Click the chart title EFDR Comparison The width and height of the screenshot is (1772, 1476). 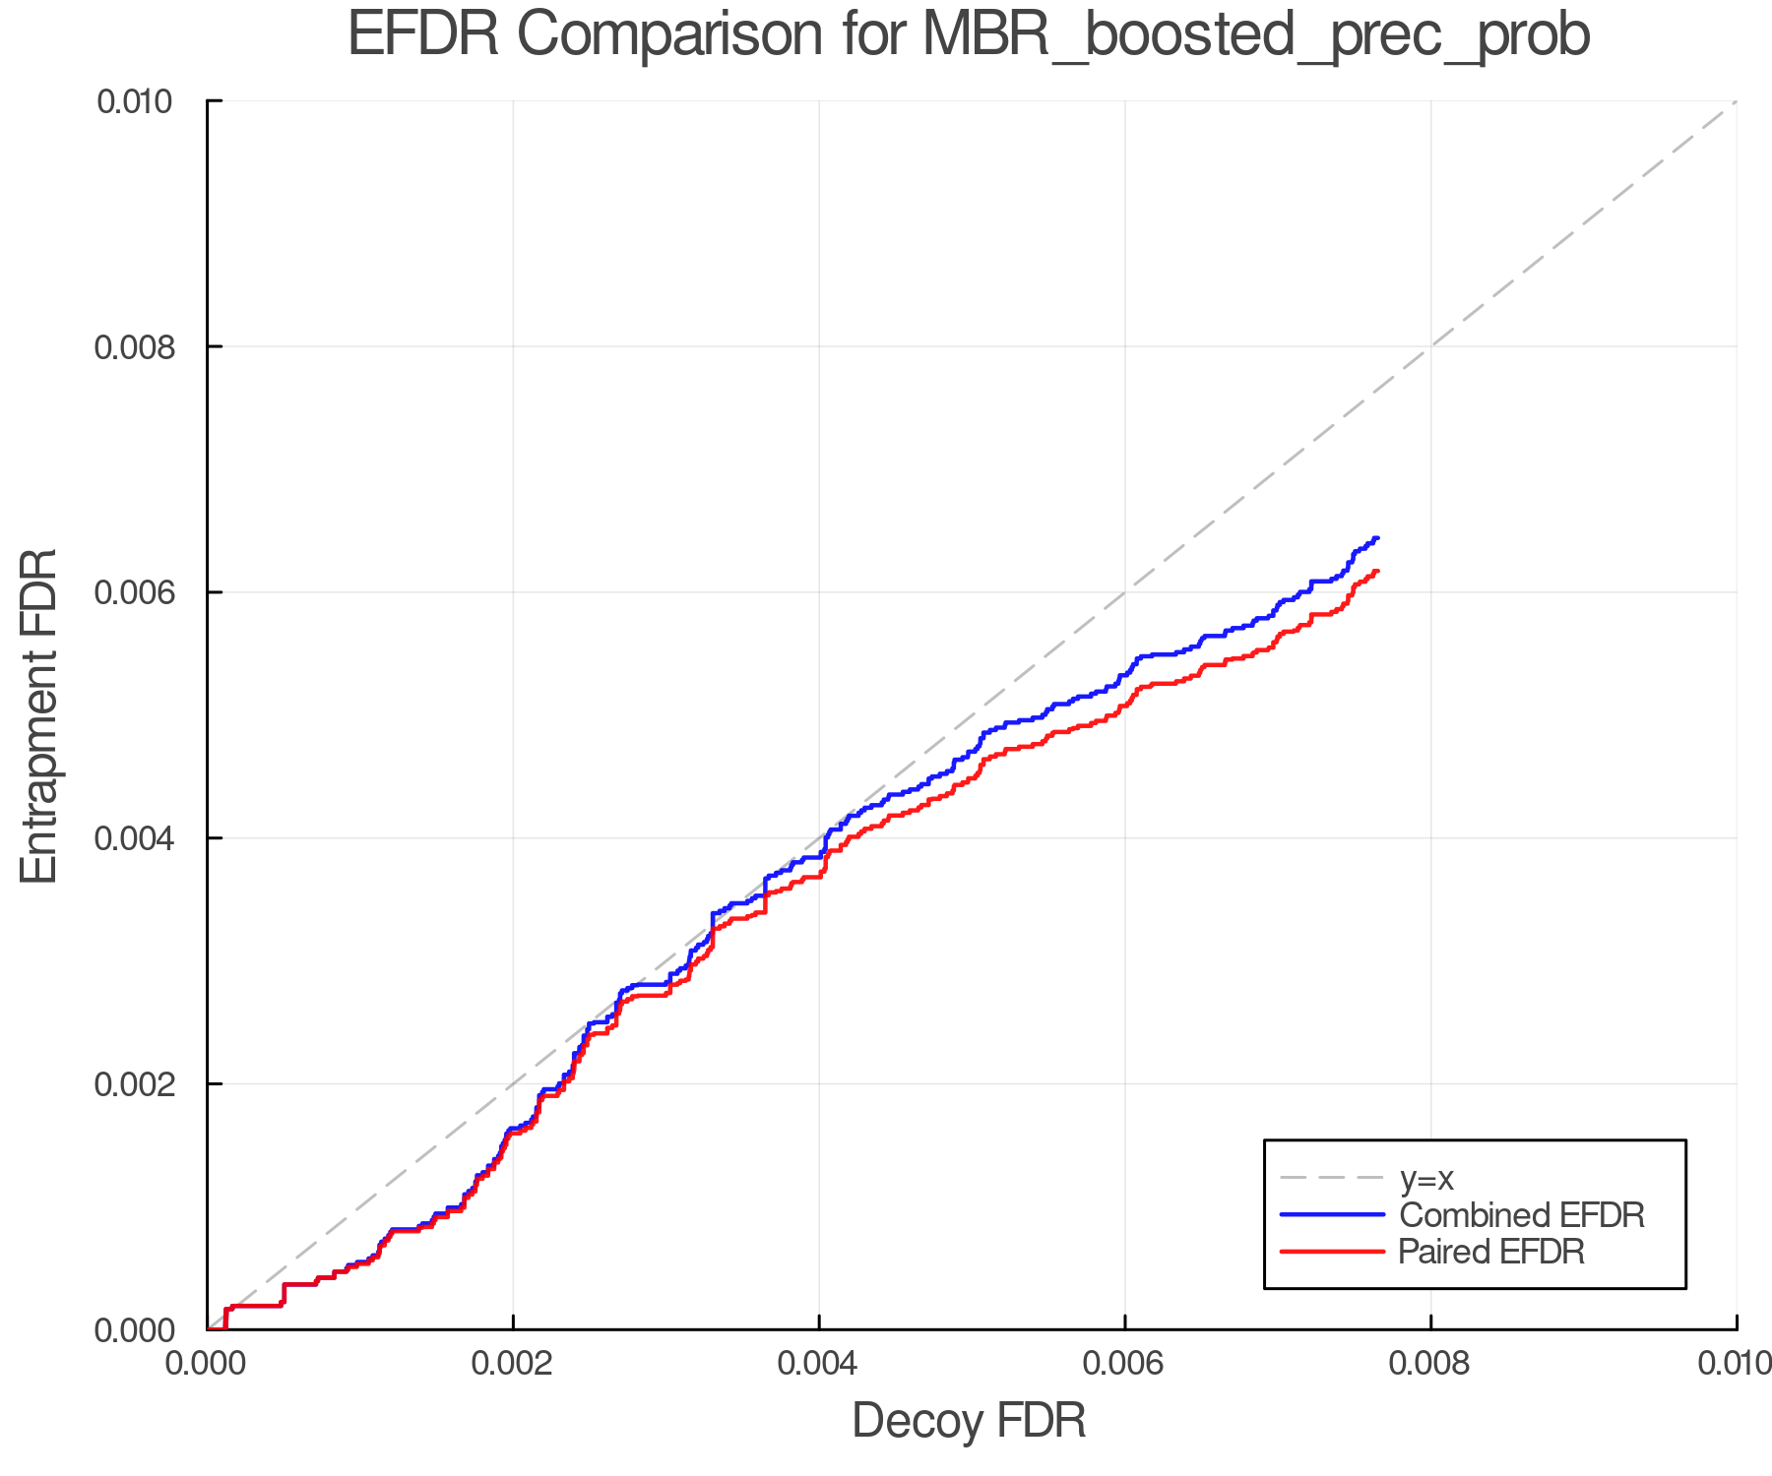click(969, 35)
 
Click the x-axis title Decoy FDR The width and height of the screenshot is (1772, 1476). click(969, 1421)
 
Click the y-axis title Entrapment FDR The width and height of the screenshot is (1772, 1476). click(39, 715)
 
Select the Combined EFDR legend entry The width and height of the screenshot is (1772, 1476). click(1522, 1215)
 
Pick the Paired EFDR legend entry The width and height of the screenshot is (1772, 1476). click(1491, 1252)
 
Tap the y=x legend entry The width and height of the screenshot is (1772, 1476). click(1426, 1178)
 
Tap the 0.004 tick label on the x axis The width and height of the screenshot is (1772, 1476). click(819, 1364)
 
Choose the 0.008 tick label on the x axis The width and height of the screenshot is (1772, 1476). click(1430, 1364)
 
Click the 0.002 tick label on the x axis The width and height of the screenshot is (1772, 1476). click(513, 1364)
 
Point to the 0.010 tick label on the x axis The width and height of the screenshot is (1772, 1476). click(1735, 1364)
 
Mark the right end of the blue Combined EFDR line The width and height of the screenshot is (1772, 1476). click(1376, 538)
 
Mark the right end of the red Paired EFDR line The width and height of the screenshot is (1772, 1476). click(1376, 571)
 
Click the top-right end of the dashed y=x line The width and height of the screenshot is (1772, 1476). click(1735, 102)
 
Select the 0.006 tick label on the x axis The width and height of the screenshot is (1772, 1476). click(1124, 1364)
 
